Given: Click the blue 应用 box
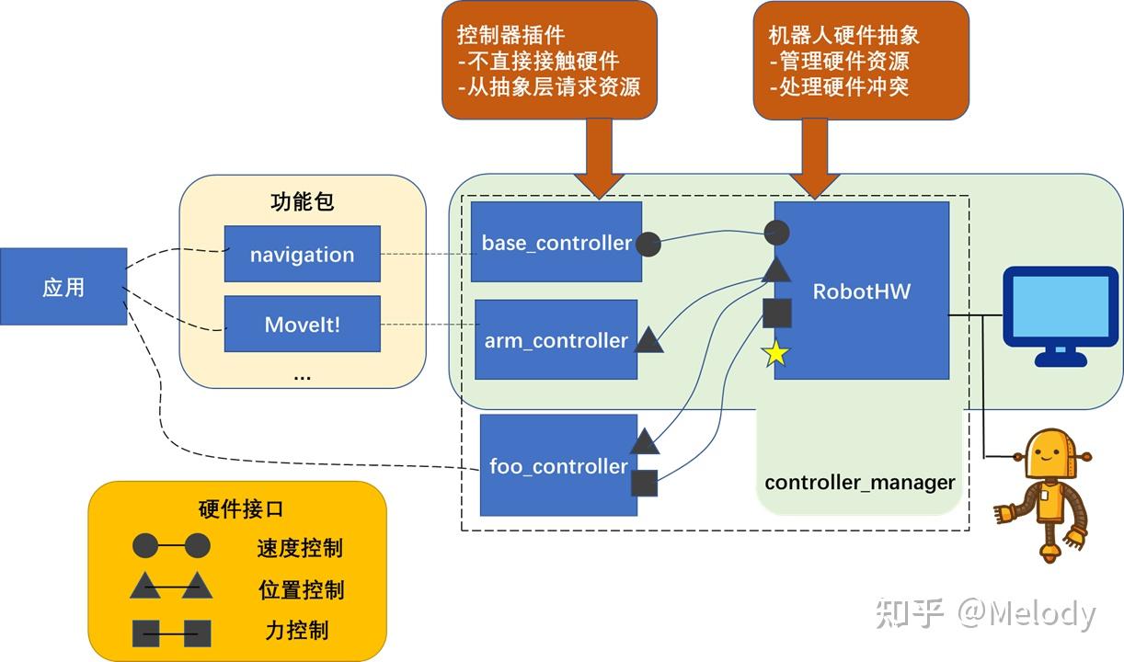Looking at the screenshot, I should point(63,287).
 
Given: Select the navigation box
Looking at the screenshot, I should point(302,255).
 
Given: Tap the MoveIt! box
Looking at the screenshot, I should point(302,325).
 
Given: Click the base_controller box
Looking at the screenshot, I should point(556,243).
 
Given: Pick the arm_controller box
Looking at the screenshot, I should point(556,340).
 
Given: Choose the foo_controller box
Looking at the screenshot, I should point(558,466).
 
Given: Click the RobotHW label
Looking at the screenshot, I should point(861,291).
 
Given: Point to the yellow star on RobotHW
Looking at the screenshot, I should point(776,354).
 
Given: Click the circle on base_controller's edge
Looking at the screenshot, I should point(648,244).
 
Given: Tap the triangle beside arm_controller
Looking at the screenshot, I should point(649,341).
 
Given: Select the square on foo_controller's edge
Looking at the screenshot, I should point(644,483).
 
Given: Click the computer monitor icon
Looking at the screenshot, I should point(1059,311).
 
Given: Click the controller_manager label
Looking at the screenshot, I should point(859,483).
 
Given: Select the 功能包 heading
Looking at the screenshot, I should point(302,202).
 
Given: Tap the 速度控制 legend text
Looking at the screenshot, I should point(300,548).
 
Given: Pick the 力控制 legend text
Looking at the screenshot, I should point(296,631).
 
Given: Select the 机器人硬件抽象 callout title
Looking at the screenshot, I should point(843,36).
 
